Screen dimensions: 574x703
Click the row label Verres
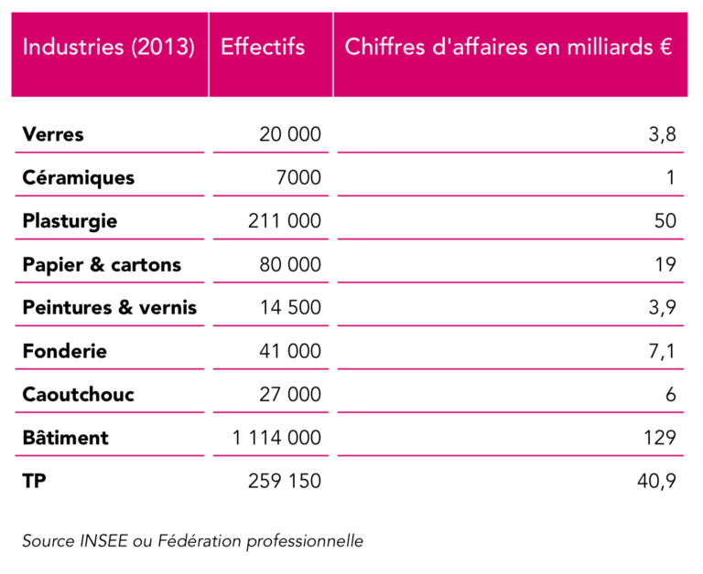(53, 134)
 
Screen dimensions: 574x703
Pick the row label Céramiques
(78, 177)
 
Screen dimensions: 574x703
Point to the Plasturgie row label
(70, 221)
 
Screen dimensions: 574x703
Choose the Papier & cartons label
(102, 265)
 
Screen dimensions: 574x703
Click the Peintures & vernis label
(109, 308)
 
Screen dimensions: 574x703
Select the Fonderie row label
(64, 351)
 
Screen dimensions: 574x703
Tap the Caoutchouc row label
(78, 395)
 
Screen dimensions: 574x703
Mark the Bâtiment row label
(65, 438)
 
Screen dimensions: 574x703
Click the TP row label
(34, 481)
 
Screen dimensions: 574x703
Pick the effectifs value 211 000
(285, 221)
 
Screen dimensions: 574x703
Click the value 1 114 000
(276, 438)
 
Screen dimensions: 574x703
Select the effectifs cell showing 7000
(298, 177)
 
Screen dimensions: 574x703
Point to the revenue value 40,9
(657, 481)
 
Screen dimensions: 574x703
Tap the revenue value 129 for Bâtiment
(660, 438)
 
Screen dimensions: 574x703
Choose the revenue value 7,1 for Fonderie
(662, 351)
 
